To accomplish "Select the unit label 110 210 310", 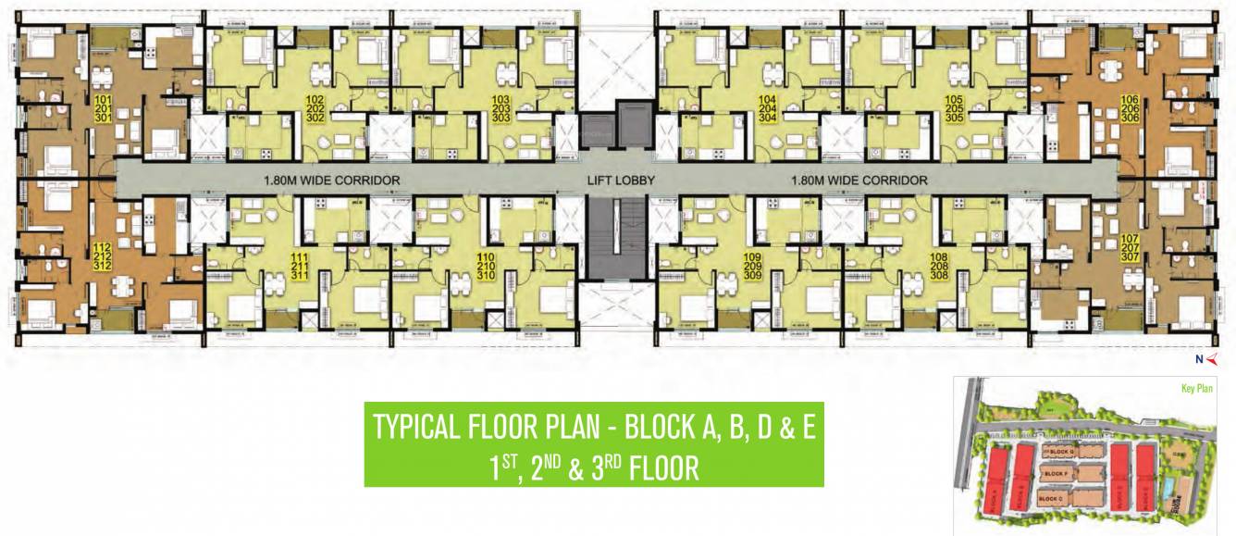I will click(x=487, y=265).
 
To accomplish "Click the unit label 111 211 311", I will click(x=299, y=265).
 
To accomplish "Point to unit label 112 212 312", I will click(x=102, y=256).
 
